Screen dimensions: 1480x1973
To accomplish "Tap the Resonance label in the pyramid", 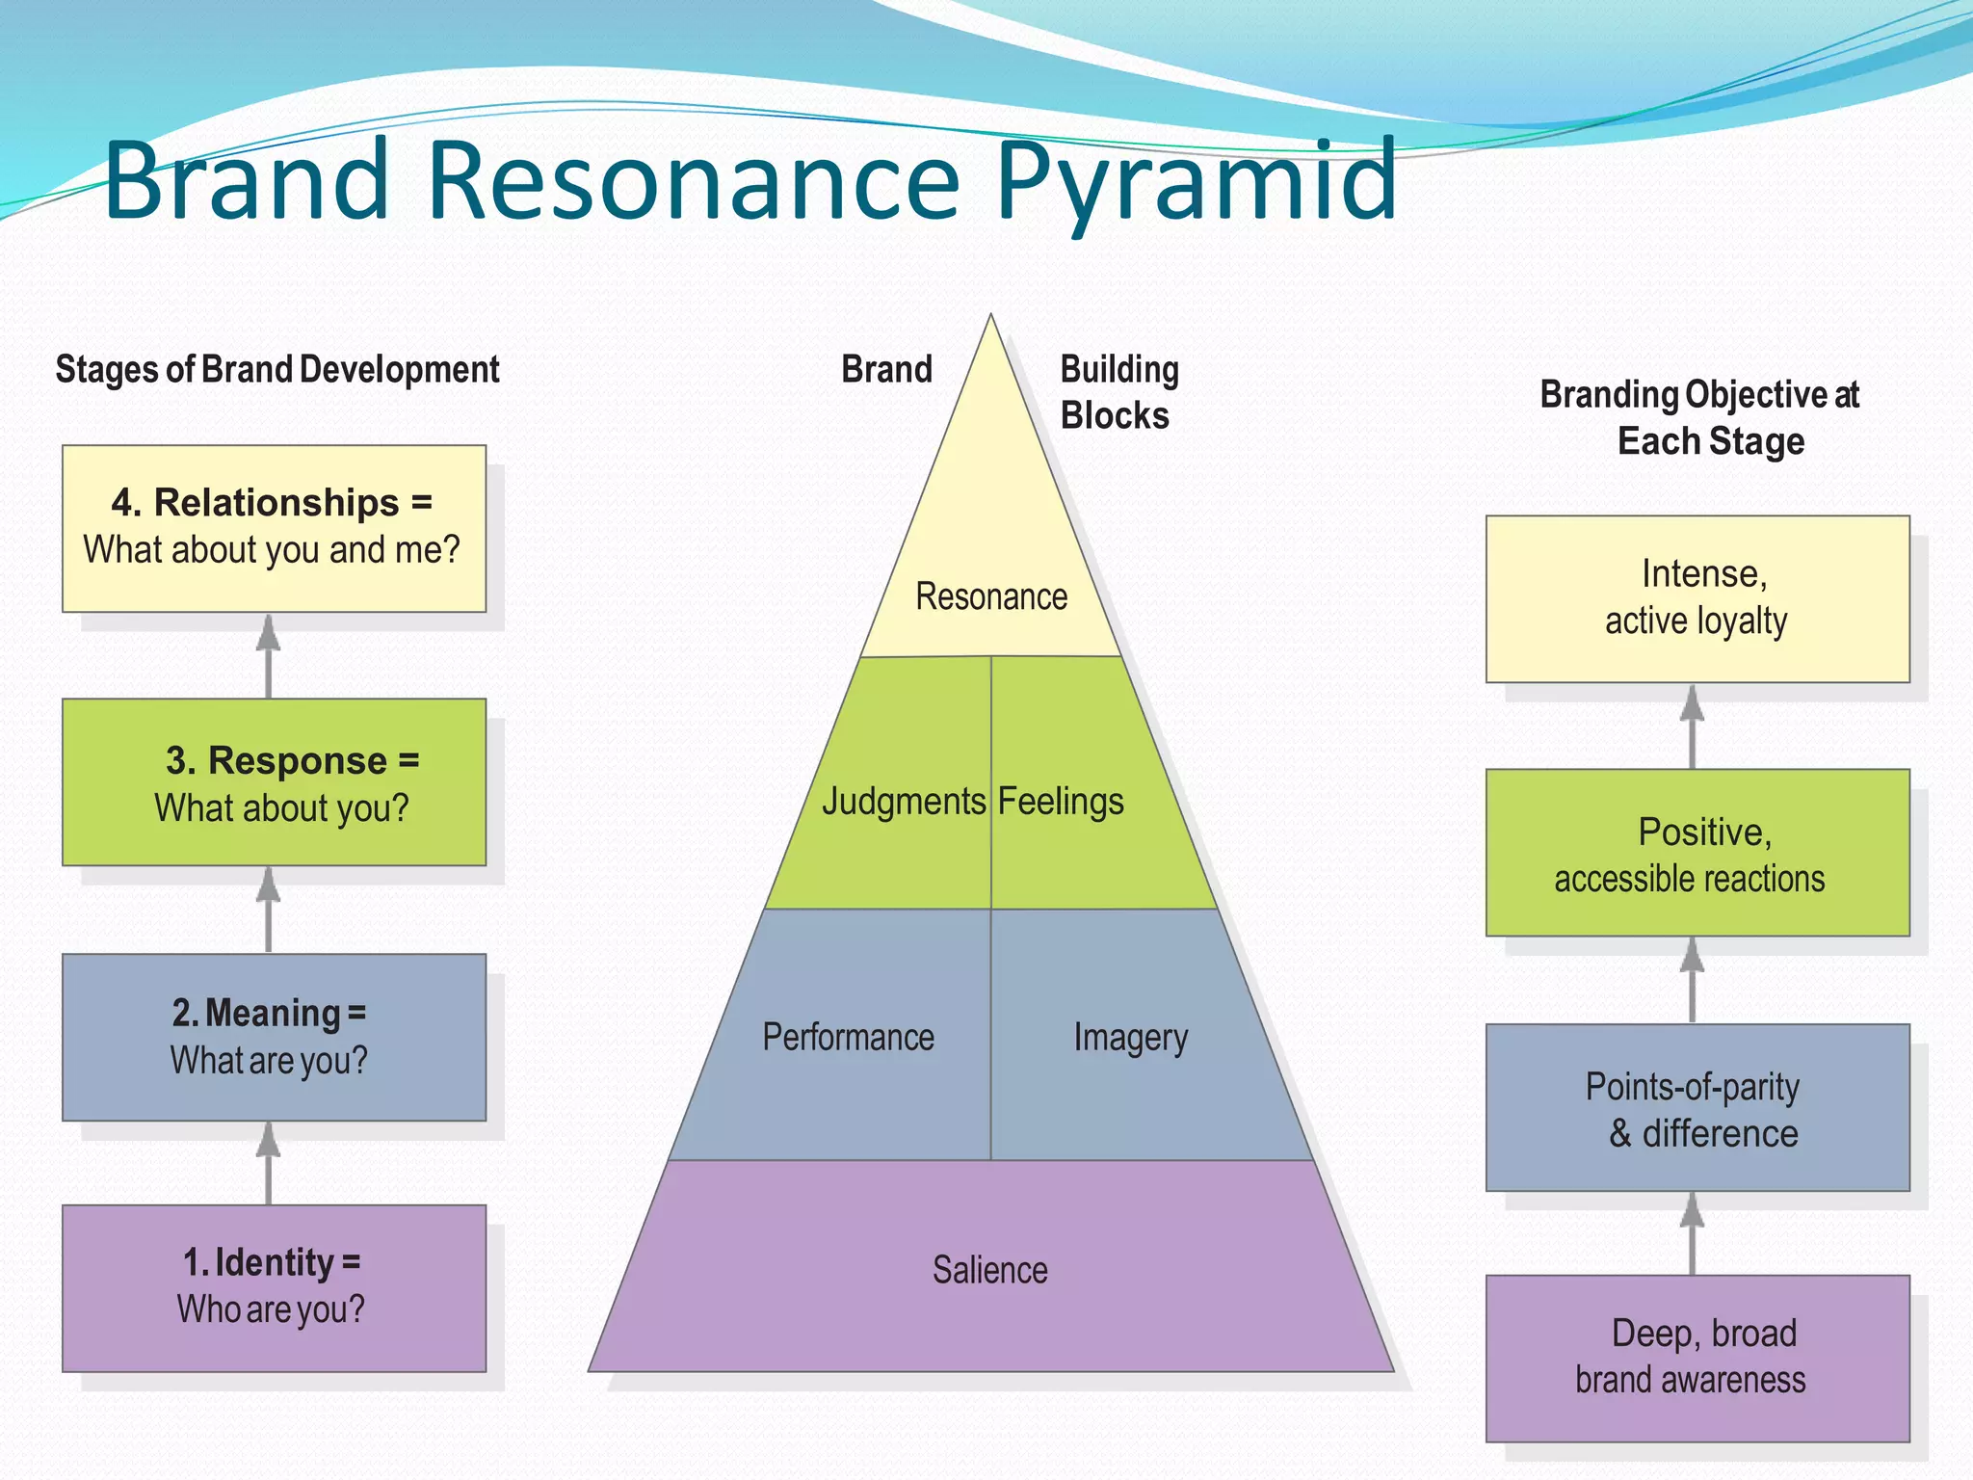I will [x=991, y=596].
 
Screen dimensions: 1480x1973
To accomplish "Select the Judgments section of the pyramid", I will [x=903, y=802].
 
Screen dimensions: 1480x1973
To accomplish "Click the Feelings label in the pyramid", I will [x=1061, y=802].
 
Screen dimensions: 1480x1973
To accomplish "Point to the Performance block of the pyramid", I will [x=848, y=1038].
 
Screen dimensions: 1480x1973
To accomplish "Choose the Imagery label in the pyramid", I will [x=1130, y=1038].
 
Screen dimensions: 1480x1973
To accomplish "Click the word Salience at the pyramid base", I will [x=989, y=1270].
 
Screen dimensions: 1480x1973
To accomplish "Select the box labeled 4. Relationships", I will [x=274, y=528].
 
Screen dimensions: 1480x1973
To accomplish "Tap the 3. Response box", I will [x=274, y=782].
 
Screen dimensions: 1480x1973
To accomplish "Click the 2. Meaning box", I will [x=274, y=1037].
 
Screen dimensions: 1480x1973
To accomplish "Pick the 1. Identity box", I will [x=274, y=1288].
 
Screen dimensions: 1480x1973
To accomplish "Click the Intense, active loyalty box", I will [x=1697, y=598].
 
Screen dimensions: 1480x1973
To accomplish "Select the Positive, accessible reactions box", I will [x=1697, y=853].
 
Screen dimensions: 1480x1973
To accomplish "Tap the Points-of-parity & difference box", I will [x=1697, y=1107].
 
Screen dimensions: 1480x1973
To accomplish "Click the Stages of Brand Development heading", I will [x=277, y=370].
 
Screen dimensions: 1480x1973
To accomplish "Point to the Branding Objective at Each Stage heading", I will [x=1701, y=417].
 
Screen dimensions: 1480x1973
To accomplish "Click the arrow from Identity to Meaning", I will [x=268, y=1164].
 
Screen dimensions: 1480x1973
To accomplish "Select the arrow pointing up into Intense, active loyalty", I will [x=1692, y=727].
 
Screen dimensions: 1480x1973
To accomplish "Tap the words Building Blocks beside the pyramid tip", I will [x=1118, y=393].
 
